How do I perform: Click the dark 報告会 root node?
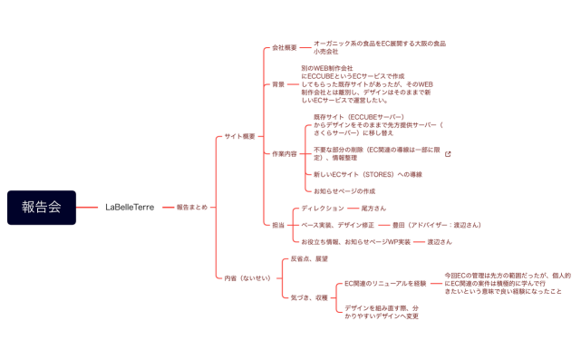pyautogui.click(x=41, y=207)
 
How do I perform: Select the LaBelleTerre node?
pyautogui.click(x=129, y=207)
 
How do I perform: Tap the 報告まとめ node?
pyautogui.click(x=191, y=207)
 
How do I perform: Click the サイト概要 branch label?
pyautogui.click(x=240, y=137)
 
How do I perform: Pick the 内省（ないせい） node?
pyautogui.click(x=247, y=277)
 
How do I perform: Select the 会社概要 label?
pyautogui.click(x=285, y=47)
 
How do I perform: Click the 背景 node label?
pyautogui.click(x=278, y=84)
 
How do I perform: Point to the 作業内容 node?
pyautogui.click(x=285, y=154)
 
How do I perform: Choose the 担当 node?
pyautogui.click(x=277, y=225)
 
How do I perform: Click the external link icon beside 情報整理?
pyautogui.click(x=448, y=154)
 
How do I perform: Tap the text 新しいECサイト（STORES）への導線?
pyautogui.click(x=367, y=173)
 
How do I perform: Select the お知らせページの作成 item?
pyautogui.click(x=344, y=191)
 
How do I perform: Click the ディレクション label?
pyautogui.click(x=323, y=208)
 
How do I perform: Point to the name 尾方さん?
pyautogui.click(x=373, y=208)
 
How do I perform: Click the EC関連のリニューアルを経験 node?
pyautogui.click(x=385, y=283)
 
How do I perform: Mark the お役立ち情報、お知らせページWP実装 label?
pyautogui.click(x=355, y=242)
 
